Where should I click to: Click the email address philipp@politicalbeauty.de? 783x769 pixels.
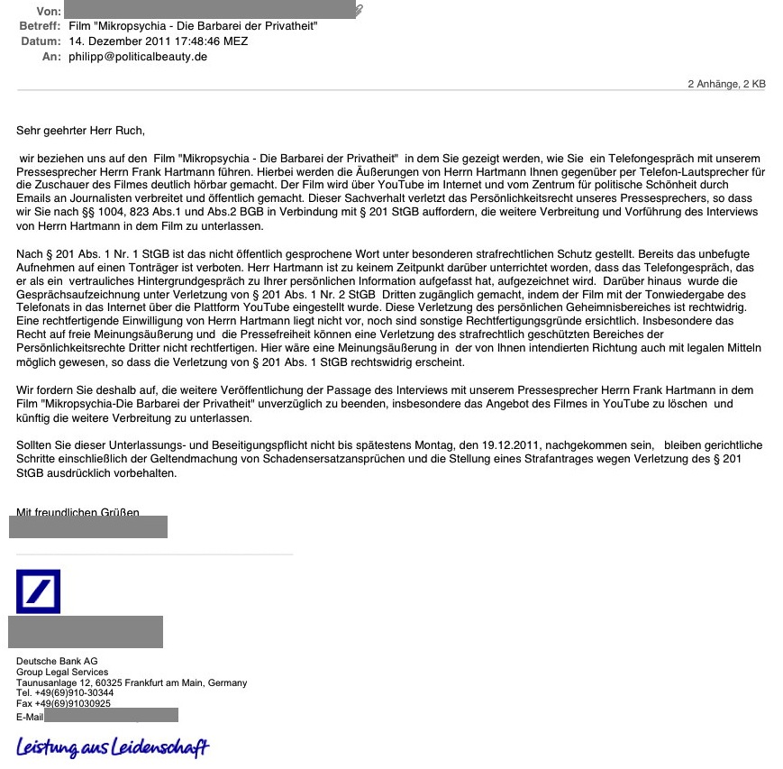pyautogui.click(x=138, y=56)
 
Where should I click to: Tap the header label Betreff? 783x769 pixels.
pyautogui.click(x=40, y=26)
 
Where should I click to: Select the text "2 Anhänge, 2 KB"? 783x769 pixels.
pyautogui.click(x=726, y=84)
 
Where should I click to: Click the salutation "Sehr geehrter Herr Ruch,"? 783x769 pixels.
pyautogui.click(x=80, y=131)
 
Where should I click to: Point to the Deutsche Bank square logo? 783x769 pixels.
pyautogui.click(x=38, y=591)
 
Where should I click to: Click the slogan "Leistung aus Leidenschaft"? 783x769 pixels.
pyautogui.click(x=113, y=747)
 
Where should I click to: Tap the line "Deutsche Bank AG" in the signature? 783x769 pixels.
pyautogui.click(x=57, y=662)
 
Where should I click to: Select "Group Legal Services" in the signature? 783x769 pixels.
pyautogui.click(x=62, y=673)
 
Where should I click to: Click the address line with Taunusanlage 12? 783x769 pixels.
pyautogui.click(x=131, y=683)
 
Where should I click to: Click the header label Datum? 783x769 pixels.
pyautogui.click(x=40, y=41)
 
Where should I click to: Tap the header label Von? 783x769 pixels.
pyautogui.click(x=49, y=11)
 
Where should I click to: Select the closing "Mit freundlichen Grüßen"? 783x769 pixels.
pyautogui.click(x=77, y=513)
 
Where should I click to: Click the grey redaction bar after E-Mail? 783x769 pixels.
pyautogui.click(x=111, y=716)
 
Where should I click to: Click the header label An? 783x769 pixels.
pyautogui.click(x=51, y=56)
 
